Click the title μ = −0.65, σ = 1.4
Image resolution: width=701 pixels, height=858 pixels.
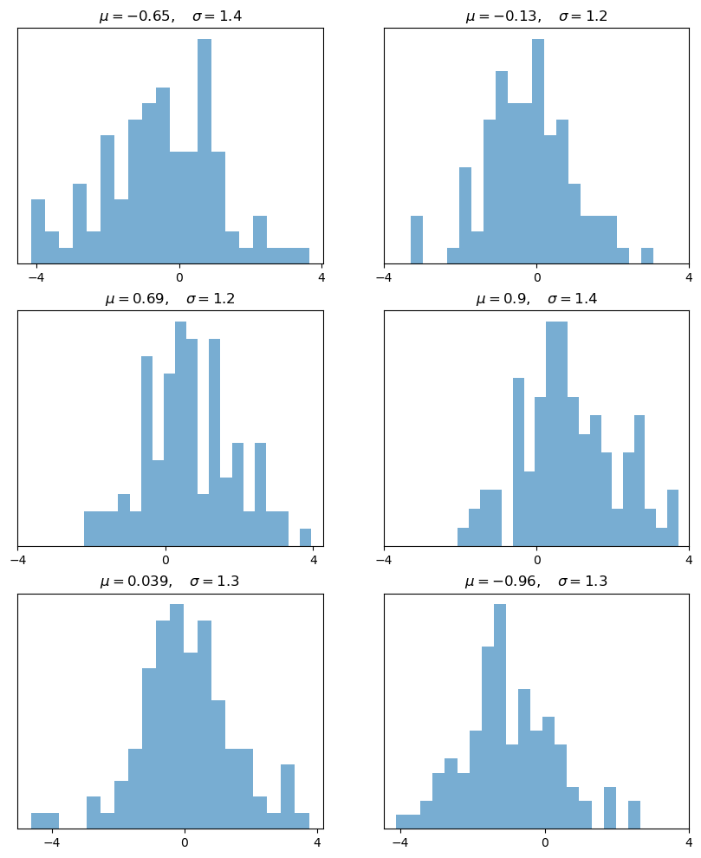click(x=170, y=16)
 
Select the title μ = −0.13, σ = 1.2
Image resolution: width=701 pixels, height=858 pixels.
click(x=536, y=16)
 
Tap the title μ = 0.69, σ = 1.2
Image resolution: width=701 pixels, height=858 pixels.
click(x=170, y=299)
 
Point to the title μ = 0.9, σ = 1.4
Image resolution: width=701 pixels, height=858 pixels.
click(x=536, y=299)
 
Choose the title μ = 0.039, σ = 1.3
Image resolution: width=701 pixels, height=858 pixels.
click(x=170, y=582)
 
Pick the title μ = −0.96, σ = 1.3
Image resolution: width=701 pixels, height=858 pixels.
click(x=536, y=582)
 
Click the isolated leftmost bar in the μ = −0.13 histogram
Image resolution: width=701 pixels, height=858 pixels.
click(x=417, y=240)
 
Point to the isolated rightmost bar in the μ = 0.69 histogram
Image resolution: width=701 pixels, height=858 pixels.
click(x=305, y=537)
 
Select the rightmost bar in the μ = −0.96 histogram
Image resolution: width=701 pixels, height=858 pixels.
click(x=634, y=815)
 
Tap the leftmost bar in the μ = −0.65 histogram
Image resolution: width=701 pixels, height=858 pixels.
click(x=38, y=231)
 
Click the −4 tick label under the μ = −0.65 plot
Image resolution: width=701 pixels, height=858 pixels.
click(x=36, y=278)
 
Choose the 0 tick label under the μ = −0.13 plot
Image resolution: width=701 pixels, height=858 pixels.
click(x=536, y=278)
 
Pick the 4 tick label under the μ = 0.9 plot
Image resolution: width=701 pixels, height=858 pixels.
click(x=689, y=561)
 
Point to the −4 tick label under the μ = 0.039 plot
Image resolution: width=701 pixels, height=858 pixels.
click(x=51, y=843)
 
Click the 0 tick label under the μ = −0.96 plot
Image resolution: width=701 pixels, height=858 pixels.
click(x=545, y=843)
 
